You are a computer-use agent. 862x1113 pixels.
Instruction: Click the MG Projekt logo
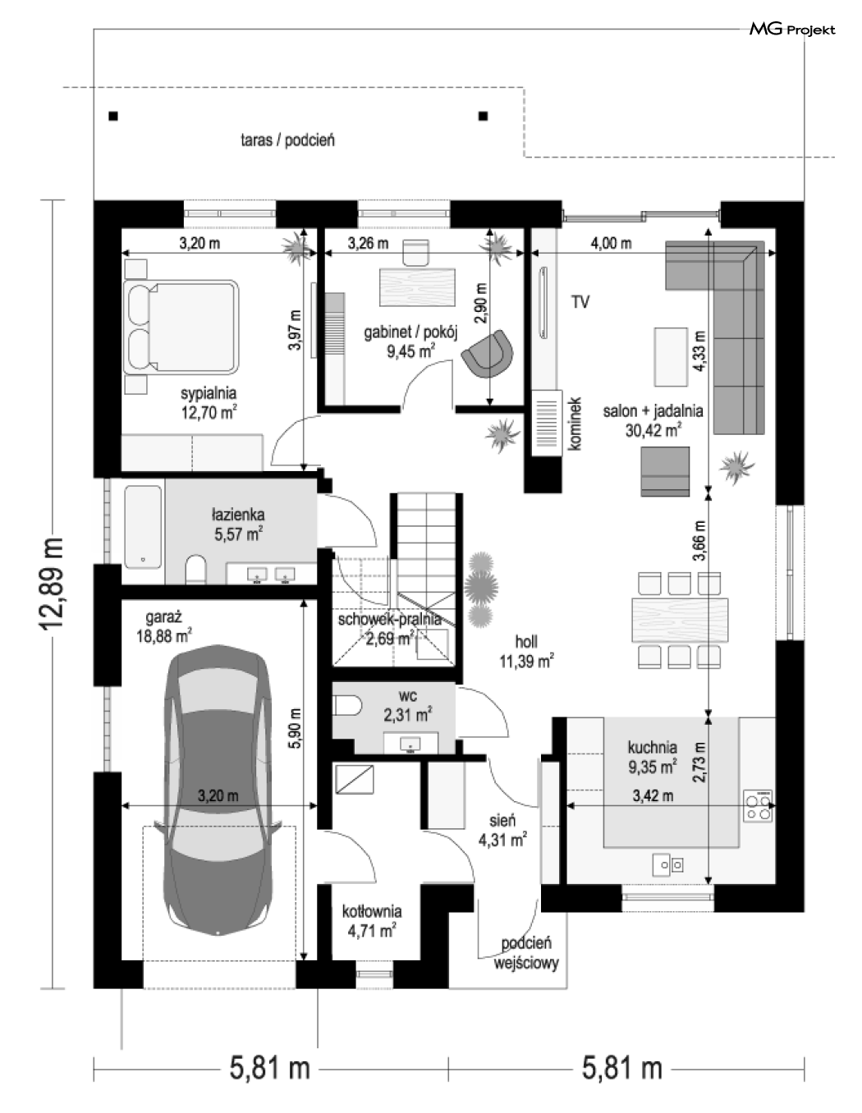[792, 30]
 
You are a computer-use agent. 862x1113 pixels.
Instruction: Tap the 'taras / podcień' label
[288, 140]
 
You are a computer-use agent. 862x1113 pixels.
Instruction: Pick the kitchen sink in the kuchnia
[668, 865]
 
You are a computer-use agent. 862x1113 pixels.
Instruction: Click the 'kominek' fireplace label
[575, 424]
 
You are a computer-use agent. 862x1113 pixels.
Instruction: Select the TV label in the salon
[580, 302]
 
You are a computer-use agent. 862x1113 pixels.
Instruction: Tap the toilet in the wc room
[346, 707]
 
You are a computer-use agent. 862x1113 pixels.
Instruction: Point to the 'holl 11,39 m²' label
[526, 652]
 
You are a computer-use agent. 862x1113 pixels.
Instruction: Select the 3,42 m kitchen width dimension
[653, 795]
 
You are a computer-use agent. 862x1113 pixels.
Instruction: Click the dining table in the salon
[680, 619]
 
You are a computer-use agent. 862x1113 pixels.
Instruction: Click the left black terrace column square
[113, 117]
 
